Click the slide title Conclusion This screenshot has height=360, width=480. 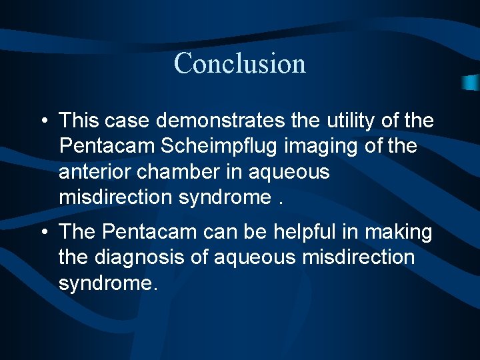[x=240, y=63]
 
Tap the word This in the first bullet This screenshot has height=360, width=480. [x=79, y=121]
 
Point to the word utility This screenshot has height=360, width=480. [x=350, y=121]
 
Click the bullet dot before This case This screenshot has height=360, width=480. [x=42, y=121]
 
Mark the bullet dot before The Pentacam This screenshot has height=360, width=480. [x=42, y=233]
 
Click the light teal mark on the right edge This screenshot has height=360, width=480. [x=471, y=82]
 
